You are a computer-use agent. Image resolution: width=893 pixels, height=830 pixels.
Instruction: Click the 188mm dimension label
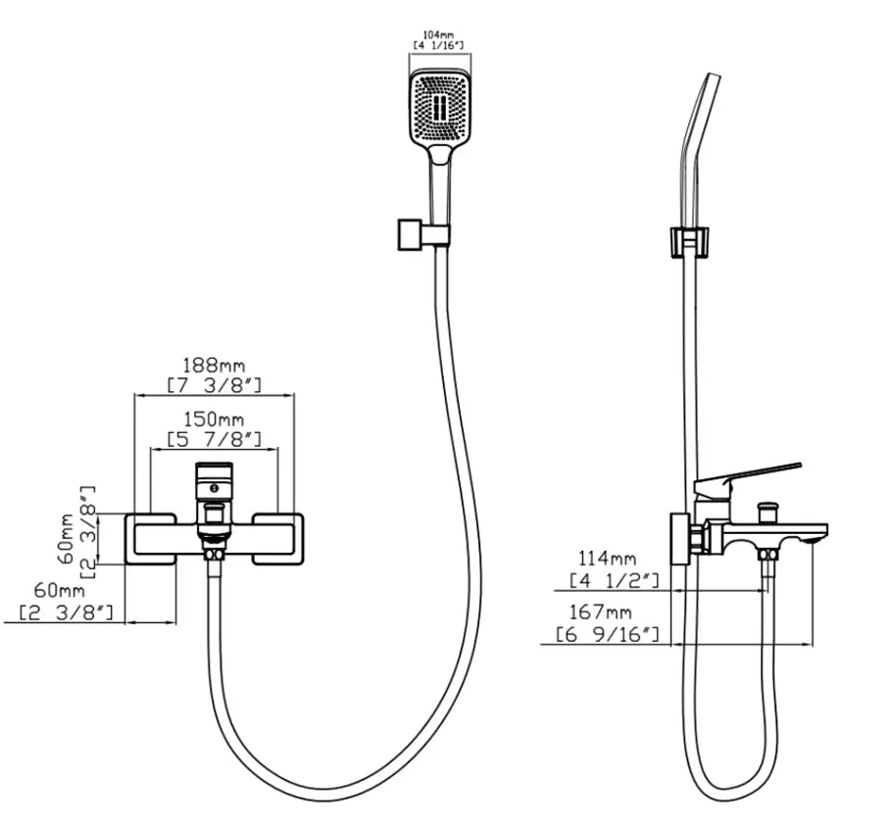point(214,365)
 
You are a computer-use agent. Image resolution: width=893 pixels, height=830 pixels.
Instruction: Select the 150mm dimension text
point(214,419)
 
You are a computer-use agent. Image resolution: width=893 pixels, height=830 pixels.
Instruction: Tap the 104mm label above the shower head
point(438,35)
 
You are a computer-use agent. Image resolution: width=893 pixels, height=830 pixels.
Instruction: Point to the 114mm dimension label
point(607,559)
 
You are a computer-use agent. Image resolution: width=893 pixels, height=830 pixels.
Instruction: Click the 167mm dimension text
point(600,612)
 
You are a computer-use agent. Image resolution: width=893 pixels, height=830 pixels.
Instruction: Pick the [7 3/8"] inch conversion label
point(215,385)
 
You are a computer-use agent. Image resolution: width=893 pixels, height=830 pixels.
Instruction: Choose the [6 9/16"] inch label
point(608,634)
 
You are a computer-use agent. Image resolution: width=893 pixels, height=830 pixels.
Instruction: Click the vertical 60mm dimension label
point(66,538)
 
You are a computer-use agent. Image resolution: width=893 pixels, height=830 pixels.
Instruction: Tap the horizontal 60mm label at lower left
point(59,590)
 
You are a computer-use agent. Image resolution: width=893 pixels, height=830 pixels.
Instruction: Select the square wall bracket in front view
point(410,234)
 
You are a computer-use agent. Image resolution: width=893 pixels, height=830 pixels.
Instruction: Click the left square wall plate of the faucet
point(150,539)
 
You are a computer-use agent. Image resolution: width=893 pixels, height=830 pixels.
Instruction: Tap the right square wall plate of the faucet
point(278,539)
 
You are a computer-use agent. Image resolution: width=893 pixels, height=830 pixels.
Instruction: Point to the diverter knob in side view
point(768,511)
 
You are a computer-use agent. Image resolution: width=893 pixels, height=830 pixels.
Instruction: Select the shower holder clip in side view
point(688,242)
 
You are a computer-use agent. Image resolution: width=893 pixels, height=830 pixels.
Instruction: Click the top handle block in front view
point(214,481)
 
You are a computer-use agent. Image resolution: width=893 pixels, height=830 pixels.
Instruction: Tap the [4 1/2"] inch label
point(615,581)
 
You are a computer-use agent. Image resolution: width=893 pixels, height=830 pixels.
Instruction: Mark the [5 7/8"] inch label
point(215,439)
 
